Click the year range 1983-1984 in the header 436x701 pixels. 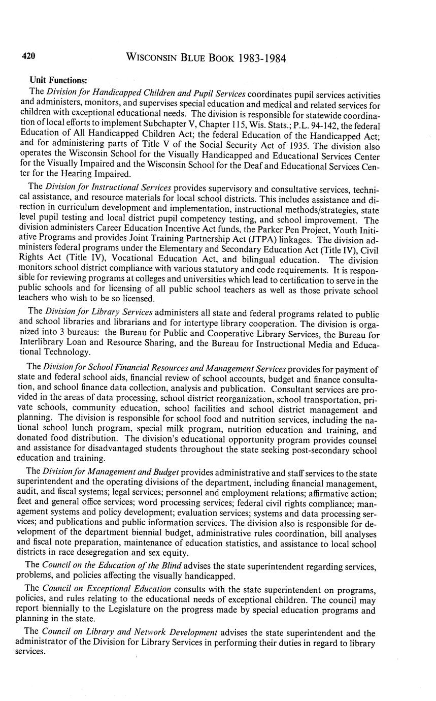pyautogui.click(x=261, y=58)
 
